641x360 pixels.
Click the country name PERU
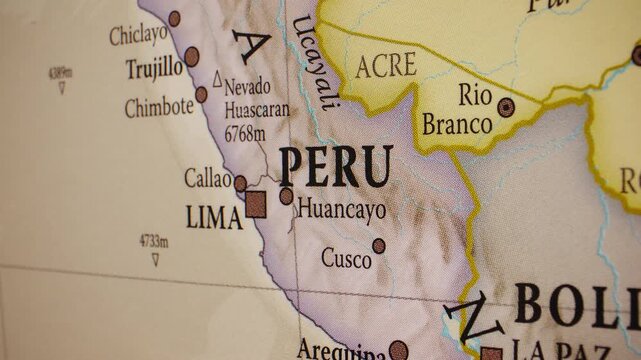click(335, 167)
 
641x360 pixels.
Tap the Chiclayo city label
click(138, 34)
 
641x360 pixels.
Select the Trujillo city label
click(154, 68)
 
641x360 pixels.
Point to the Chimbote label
click(158, 107)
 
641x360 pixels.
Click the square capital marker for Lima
click(256, 204)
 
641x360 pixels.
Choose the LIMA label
click(214, 217)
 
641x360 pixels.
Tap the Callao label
click(208, 178)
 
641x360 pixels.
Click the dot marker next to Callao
click(240, 183)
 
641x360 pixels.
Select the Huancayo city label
click(341, 210)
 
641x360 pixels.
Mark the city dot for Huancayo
click(287, 196)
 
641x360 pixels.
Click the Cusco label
click(345, 258)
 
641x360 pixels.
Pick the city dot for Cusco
click(379, 246)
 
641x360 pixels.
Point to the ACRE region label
click(385, 67)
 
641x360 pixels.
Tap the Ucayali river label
click(313, 62)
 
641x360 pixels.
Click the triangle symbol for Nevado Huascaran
click(217, 77)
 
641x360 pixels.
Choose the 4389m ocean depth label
click(60, 72)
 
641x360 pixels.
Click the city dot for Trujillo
click(191, 57)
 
